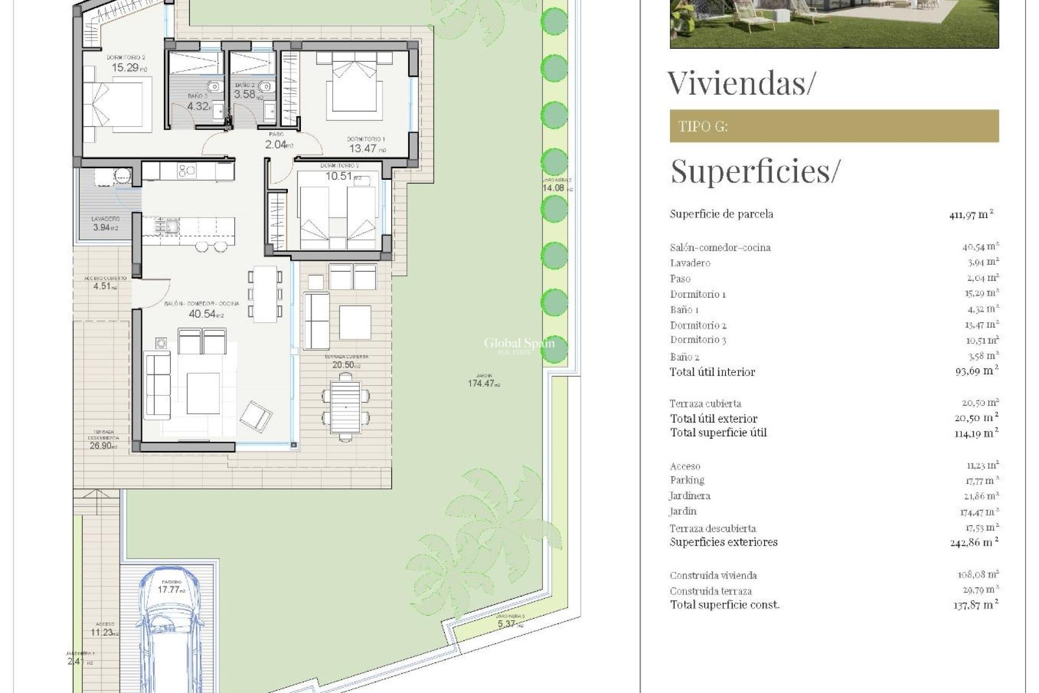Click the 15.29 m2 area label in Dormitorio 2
click(x=129, y=68)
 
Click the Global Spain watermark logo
click(x=518, y=344)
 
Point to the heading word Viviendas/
click(x=740, y=83)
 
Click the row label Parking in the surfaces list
click(x=687, y=480)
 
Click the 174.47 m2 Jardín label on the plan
click(x=483, y=384)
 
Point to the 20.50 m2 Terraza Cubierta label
click(x=346, y=365)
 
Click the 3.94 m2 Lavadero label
click(x=105, y=228)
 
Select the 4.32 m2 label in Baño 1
click(x=198, y=106)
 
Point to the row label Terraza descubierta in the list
click(x=712, y=528)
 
